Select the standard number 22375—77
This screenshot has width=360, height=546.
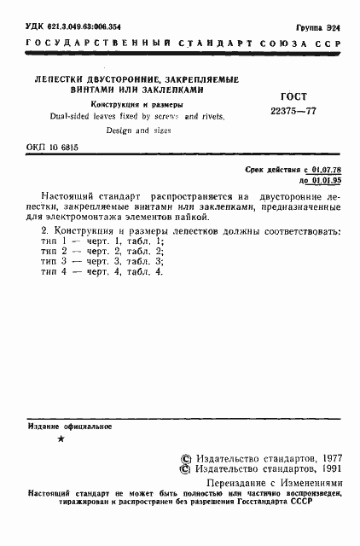[293, 112]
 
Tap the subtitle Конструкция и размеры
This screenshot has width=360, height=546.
[143, 104]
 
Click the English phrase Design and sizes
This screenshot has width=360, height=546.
[139, 131]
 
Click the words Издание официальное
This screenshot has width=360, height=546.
[70, 425]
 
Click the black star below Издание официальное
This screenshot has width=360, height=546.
[59, 439]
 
